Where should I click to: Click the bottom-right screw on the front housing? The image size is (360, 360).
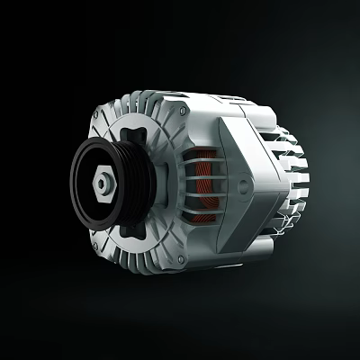pyautogui.click(x=184, y=261)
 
